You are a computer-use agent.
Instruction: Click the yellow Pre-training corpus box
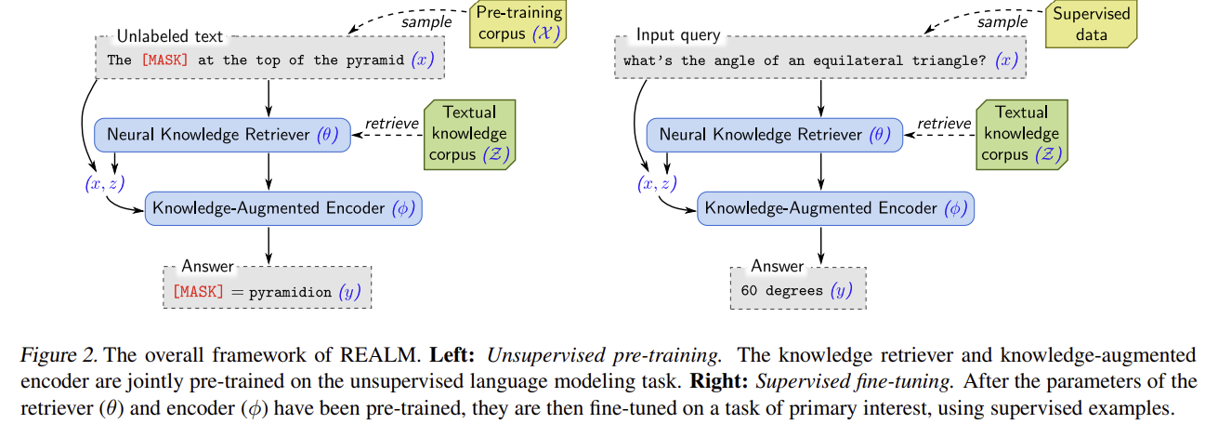[x=520, y=24]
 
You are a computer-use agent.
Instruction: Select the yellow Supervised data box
[x=1092, y=24]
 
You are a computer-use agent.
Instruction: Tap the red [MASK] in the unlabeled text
[x=164, y=60]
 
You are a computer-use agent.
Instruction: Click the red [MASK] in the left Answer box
[x=198, y=291]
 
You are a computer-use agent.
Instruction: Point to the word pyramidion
[x=290, y=291]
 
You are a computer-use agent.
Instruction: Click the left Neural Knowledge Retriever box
[x=221, y=135]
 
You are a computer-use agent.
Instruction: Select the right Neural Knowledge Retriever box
[x=773, y=135]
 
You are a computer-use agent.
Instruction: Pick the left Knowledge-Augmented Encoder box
[x=283, y=208]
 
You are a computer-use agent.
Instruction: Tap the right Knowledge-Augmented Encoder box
[x=835, y=208]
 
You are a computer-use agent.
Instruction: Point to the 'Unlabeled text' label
[x=170, y=36]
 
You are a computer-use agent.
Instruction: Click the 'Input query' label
[x=677, y=35]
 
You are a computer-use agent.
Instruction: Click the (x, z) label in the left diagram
[x=103, y=183]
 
